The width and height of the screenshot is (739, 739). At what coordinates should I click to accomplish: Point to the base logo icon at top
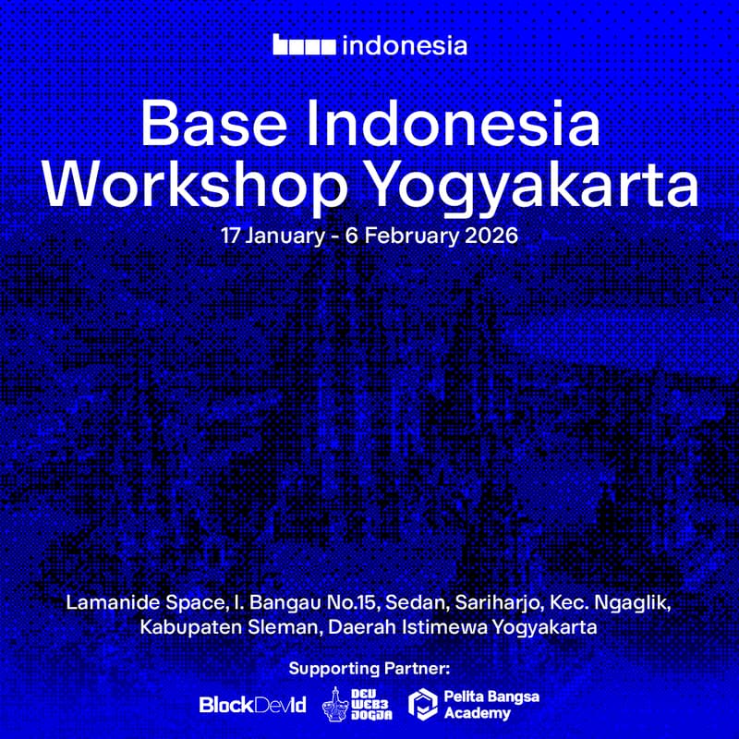coord(304,44)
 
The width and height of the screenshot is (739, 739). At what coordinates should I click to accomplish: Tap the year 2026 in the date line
coord(489,235)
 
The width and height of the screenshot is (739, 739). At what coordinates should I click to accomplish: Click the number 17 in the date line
coord(231,235)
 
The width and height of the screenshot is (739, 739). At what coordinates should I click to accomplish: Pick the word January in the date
coord(282,235)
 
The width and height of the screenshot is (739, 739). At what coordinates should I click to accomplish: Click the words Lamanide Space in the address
coord(144,602)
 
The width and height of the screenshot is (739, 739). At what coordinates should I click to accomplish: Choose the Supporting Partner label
coord(369,667)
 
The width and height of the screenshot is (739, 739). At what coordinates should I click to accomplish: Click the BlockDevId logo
coord(252,705)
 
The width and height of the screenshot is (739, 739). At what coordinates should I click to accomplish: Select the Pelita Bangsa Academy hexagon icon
coord(422,704)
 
